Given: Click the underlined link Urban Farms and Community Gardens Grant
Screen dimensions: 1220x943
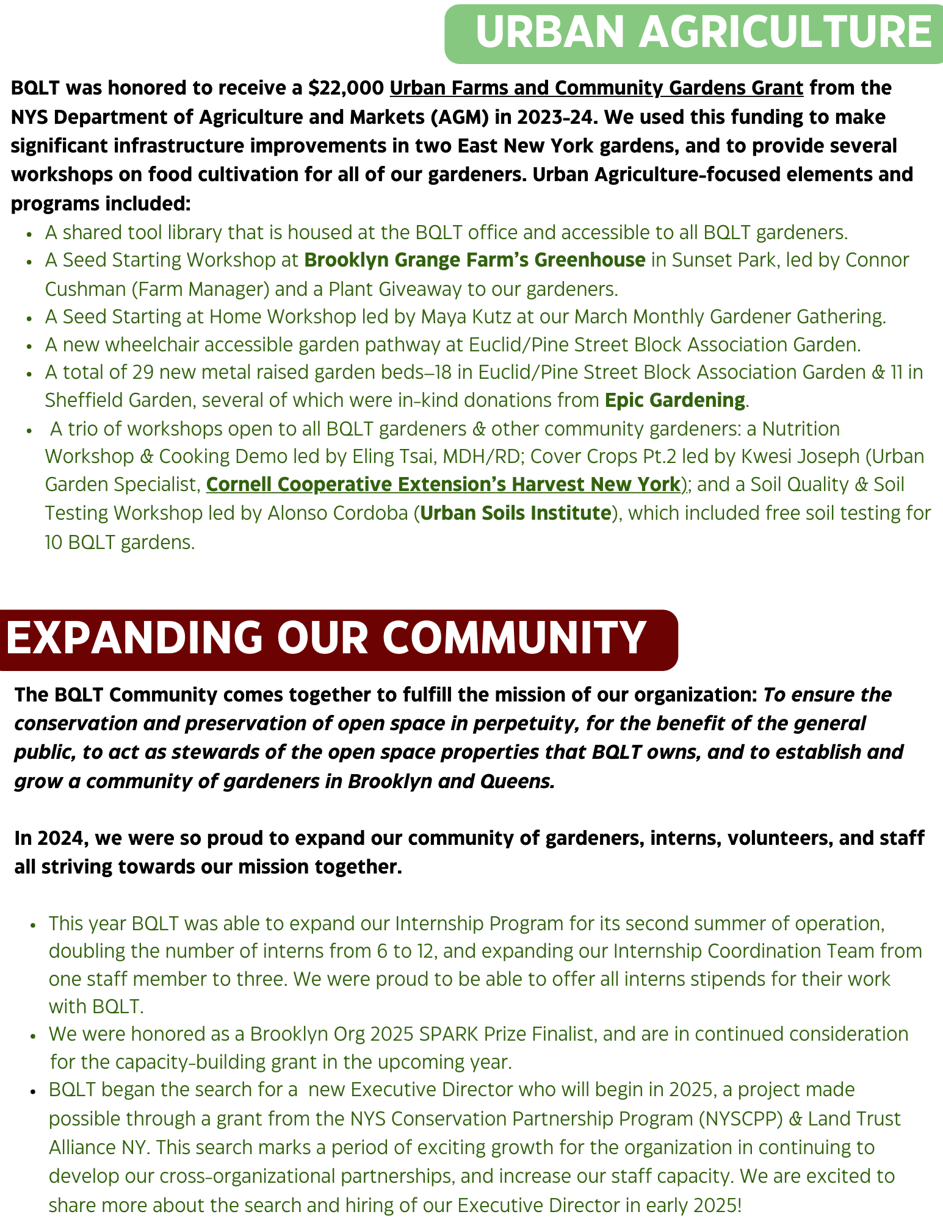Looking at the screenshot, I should (596, 88).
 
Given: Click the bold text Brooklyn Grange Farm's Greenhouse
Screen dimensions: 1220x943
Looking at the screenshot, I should (475, 260).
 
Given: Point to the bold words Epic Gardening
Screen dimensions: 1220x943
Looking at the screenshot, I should (674, 400).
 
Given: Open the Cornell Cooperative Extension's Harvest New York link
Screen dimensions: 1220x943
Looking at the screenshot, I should (443, 484).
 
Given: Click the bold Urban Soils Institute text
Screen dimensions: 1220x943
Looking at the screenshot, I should (516, 513).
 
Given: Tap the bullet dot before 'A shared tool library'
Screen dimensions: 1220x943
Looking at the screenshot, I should (29, 234).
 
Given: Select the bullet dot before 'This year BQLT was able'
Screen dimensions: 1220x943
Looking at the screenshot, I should (33, 925).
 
